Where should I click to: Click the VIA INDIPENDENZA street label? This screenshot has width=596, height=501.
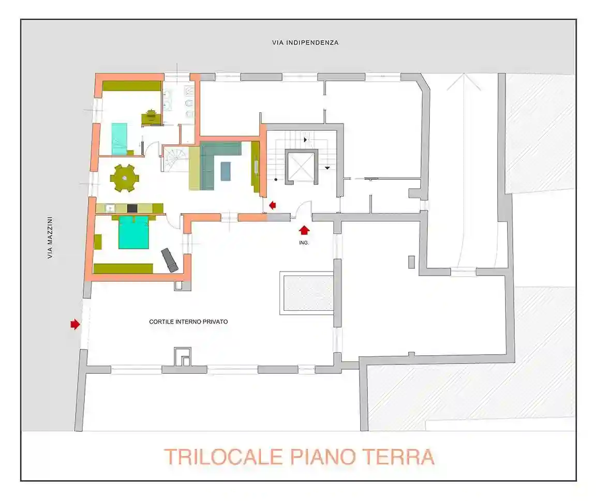tap(305, 43)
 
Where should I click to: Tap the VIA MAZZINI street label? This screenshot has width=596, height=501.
tap(50, 237)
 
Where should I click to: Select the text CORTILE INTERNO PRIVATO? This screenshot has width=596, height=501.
tap(188, 322)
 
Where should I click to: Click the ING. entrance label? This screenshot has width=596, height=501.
tap(304, 242)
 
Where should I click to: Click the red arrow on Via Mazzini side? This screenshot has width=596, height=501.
tap(76, 324)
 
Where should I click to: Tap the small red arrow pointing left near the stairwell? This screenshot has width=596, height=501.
tap(273, 205)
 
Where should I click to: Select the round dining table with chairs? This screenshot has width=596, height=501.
tap(124, 178)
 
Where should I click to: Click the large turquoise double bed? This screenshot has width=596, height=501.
tap(134, 233)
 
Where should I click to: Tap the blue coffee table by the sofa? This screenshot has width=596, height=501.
tap(226, 171)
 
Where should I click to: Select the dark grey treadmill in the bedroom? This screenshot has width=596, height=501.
tap(170, 260)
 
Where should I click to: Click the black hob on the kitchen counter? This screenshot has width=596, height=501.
tap(132, 208)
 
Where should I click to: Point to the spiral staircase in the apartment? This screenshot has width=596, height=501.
tap(174, 159)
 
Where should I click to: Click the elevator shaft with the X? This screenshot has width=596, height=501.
tap(302, 167)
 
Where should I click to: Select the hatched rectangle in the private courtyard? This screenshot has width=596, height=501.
tap(307, 293)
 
